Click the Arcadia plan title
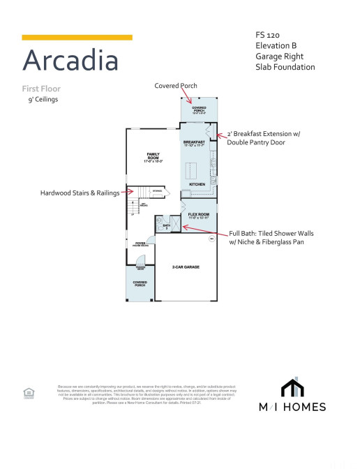[x=70, y=61]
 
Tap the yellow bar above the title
[x=77, y=37]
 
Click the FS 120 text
[x=268, y=34]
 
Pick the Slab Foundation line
[x=285, y=67]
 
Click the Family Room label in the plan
[x=153, y=156]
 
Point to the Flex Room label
[x=198, y=215]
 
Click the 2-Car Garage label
[x=185, y=267]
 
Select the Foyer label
[x=140, y=244]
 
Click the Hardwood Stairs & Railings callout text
[x=79, y=193]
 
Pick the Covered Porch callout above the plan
[x=176, y=85]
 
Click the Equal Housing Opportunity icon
[x=29, y=393]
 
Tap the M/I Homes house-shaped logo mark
[x=292, y=388]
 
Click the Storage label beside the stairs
[x=157, y=190]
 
